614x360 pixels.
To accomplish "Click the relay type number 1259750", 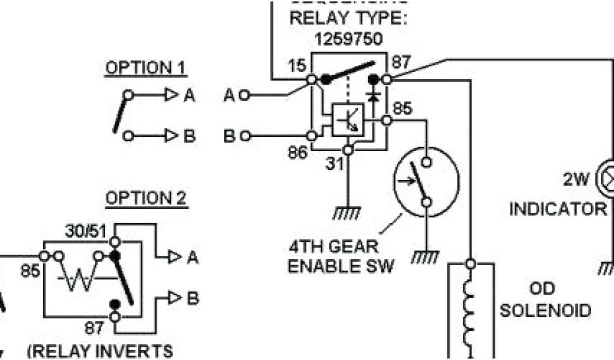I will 348,40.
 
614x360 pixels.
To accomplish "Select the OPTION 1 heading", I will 146,68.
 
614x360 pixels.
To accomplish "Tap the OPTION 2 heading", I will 146,198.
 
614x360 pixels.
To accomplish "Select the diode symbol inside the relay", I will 375,95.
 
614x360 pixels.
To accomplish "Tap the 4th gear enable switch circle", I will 426,181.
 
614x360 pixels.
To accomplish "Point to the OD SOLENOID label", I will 546,299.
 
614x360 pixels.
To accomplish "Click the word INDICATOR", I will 558,209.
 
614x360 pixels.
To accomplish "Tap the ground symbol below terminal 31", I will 346,213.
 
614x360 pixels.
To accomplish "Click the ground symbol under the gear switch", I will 425,256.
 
